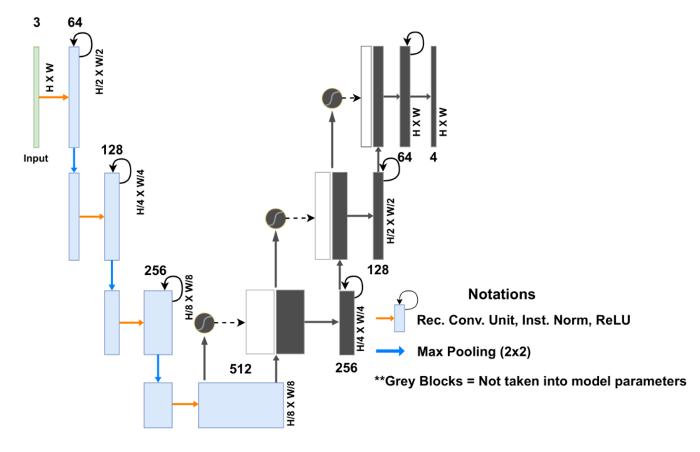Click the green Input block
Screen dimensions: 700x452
pyautogui.click(x=37, y=97)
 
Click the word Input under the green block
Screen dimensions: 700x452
pyautogui.click(x=36, y=158)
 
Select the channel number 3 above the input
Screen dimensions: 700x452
pyautogui.click(x=37, y=22)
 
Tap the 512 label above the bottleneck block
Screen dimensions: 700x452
pyautogui.click(x=241, y=369)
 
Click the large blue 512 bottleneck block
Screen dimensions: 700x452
pyautogui.click(x=241, y=405)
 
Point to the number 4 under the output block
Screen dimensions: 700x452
pyautogui.click(x=433, y=157)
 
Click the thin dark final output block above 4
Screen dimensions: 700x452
pyautogui.click(x=433, y=96)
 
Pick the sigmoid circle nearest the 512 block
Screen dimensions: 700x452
pyautogui.click(x=205, y=323)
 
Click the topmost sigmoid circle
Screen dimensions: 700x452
pyautogui.click(x=332, y=98)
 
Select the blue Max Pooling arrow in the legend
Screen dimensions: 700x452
pyautogui.click(x=390, y=351)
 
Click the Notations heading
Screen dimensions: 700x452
pyautogui.click(x=502, y=294)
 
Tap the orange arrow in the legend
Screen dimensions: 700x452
pyautogui.click(x=385, y=318)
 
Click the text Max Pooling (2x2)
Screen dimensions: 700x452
pyautogui.click(x=474, y=351)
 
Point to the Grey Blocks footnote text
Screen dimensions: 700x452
pyautogui.click(x=530, y=381)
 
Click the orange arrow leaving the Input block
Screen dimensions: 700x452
pyautogui.click(x=54, y=97)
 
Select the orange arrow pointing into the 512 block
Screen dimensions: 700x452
pyautogui.click(x=185, y=404)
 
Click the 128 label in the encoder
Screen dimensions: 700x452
pyautogui.click(x=112, y=150)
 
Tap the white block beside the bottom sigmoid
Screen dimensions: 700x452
pyautogui.click(x=260, y=322)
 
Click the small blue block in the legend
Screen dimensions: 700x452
pyautogui.click(x=399, y=318)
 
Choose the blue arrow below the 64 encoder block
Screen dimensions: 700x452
pyautogui.click(x=74, y=160)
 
